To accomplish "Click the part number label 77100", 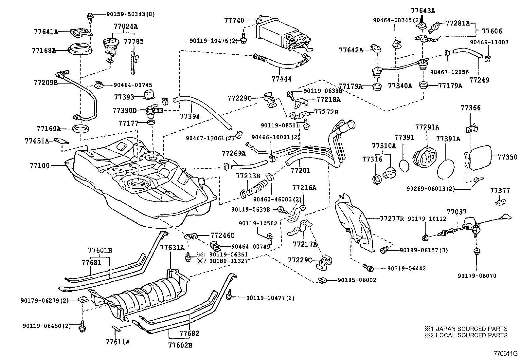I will (41, 166).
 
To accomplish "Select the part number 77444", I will (281, 79).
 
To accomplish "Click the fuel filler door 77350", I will (481, 158).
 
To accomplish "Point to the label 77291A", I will (427, 127).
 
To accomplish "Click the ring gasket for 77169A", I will (80, 128).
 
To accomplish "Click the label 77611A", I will (118, 342).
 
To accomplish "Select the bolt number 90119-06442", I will (406, 269).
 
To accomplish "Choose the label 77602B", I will (180, 345).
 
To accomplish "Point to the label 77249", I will (479, 80).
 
